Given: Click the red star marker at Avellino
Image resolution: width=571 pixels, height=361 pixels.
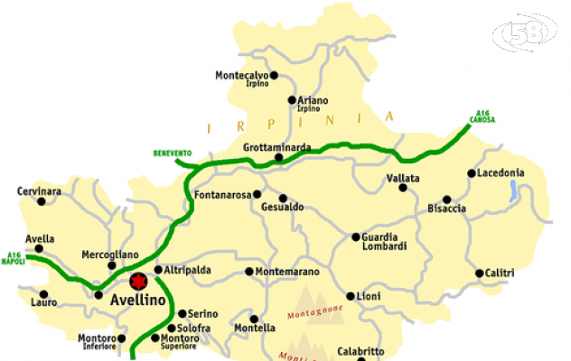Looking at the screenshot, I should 137,281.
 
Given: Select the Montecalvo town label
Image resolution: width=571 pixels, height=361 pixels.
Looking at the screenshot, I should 241,76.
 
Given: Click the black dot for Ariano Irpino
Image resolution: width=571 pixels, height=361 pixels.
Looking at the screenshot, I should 291,100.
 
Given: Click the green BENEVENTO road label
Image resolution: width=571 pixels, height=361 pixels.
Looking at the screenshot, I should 173,153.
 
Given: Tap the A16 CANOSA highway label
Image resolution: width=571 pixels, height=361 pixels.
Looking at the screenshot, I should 482,116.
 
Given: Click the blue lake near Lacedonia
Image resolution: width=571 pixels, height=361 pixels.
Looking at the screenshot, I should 513,190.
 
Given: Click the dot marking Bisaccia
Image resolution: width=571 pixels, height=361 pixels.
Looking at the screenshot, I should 446,199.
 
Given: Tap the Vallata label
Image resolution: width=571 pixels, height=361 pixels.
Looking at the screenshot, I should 402,179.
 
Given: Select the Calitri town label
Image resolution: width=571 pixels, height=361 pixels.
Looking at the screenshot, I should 499,273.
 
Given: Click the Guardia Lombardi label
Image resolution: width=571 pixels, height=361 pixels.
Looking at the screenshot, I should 384,242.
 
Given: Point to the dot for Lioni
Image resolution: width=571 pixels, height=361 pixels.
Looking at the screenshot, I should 351,296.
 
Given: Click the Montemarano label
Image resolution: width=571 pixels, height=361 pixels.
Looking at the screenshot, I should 288,271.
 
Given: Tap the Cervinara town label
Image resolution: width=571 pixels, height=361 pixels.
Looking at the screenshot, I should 39,191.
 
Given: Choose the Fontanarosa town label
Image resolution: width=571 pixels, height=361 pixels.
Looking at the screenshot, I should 221,194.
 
